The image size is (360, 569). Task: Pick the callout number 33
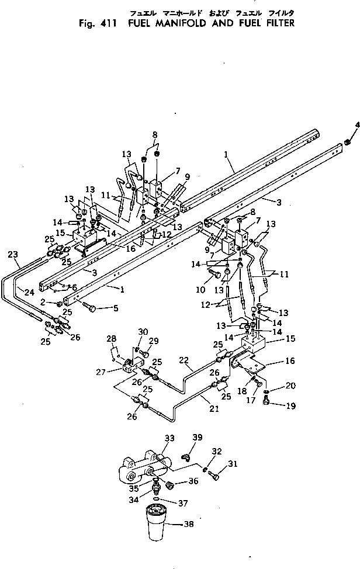(169, 438)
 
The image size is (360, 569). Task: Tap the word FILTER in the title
(275, 24)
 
